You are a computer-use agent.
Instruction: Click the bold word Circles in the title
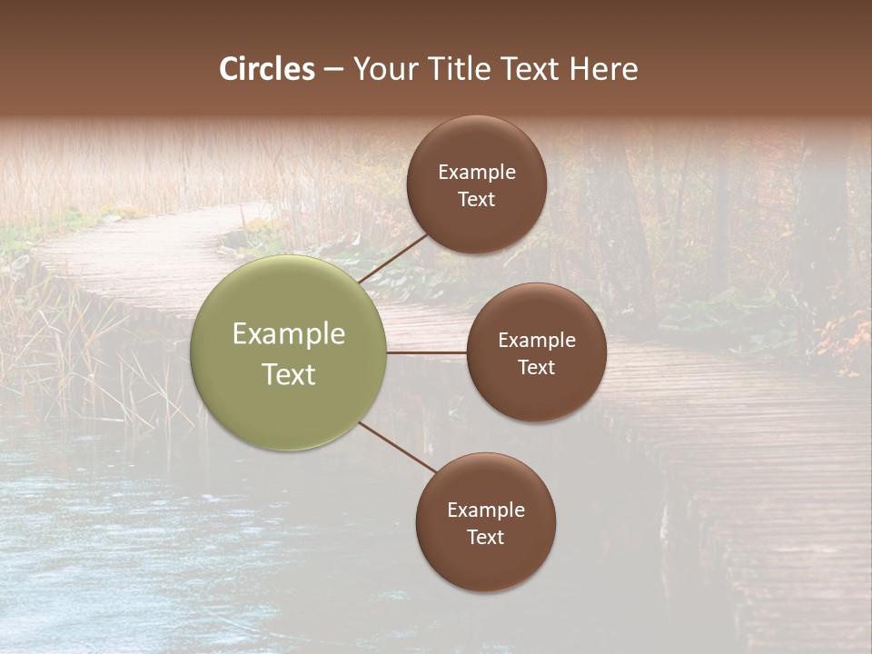(267, 69)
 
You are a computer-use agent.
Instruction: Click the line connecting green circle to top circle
(394, 257)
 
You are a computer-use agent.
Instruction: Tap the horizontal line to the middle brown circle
(427, 352)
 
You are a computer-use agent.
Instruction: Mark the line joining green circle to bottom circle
(398, 449)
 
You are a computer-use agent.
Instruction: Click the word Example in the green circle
(289, 334)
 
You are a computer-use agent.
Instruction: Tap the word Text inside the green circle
(289, 374)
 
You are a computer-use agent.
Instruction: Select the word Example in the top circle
(476, 173)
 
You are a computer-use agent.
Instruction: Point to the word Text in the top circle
(476, 199)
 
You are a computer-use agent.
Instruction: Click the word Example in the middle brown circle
(536, 341)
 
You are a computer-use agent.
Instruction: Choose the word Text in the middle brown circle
(536, 367)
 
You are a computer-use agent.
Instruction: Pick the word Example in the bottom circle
(485, 510)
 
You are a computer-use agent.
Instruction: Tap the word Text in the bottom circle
(485, 537)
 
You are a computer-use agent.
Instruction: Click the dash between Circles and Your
(333, 69)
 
